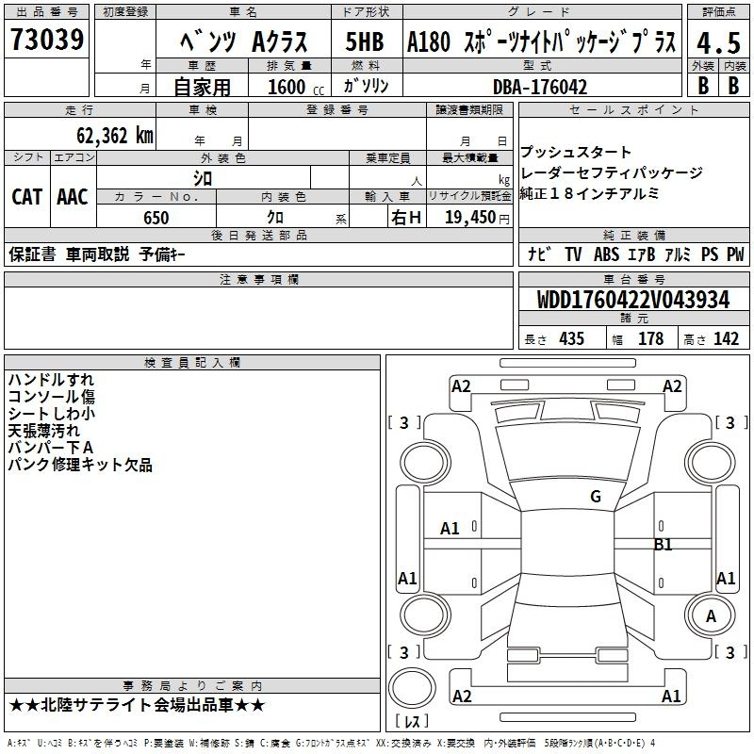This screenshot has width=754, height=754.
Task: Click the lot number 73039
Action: pos(47,39)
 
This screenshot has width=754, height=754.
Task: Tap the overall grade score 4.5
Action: pos(718,42)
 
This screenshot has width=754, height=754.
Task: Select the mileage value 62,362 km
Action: pos(115,136)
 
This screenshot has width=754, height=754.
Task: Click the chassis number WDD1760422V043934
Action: pos(633,300)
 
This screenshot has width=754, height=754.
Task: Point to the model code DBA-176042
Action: pos(540,87)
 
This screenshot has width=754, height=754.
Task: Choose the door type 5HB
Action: pos(365,41)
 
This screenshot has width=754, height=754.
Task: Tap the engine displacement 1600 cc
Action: pos(296,87)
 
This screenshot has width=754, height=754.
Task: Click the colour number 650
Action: pos(156,218)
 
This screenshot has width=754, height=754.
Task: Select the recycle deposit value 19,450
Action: pos(470,218)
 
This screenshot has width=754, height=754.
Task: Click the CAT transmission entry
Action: pos(27,197)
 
